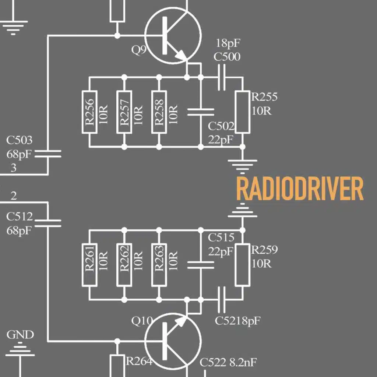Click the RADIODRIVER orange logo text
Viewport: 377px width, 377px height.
299,189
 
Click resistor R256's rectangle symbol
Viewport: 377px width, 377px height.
89,112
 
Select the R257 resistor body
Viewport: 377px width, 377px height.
124,112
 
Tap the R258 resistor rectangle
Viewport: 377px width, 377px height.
159,112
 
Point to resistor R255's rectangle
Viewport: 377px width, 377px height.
243,112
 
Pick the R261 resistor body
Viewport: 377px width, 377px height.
89,264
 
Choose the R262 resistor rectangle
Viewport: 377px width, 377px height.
124,264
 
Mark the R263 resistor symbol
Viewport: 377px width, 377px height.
159,264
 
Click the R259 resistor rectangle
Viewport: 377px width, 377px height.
243,264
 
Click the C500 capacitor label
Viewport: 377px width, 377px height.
228,57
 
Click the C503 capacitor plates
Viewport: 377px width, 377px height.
47,153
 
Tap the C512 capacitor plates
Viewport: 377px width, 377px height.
47,222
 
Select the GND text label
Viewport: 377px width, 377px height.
20,335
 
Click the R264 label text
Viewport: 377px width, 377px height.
139,361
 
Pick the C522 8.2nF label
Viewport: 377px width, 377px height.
228,363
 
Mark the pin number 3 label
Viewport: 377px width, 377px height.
14,168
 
